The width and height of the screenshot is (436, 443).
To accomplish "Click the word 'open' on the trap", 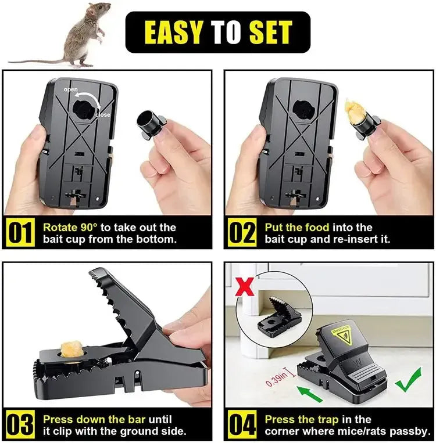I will click(70, 89).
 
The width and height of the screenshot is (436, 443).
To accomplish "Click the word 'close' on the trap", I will click(102, 114).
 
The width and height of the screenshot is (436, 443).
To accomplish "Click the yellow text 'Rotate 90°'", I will click(70, 227).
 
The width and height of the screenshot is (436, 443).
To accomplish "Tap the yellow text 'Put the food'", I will click(296, 227).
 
